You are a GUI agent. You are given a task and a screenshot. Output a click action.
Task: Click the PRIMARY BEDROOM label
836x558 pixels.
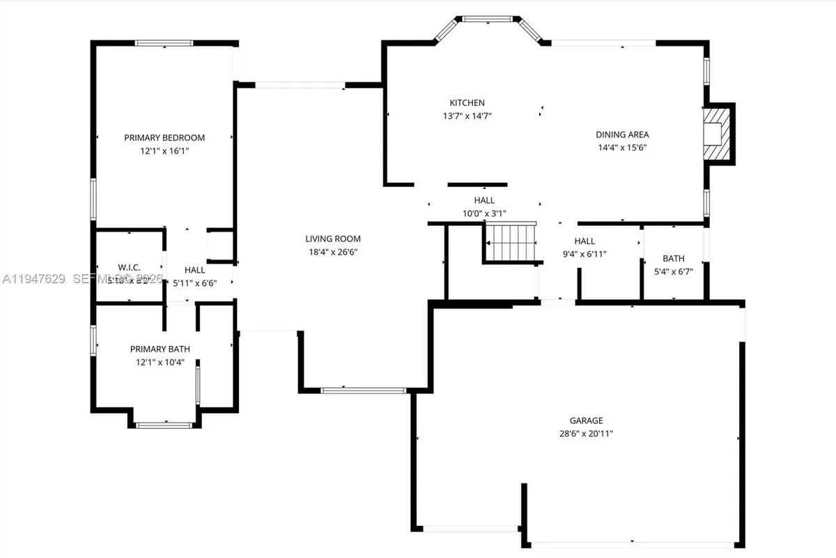[164, 137]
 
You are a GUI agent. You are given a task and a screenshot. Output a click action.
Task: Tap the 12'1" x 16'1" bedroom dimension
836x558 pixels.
[164, 150]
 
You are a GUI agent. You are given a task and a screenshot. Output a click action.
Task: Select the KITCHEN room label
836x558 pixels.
[467, 103]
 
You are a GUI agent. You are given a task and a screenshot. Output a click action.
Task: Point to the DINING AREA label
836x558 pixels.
[622, 135]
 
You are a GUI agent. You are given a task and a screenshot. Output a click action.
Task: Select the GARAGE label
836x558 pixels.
[586, 421]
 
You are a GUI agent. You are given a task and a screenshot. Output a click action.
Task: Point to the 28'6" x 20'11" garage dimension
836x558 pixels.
[586, 433]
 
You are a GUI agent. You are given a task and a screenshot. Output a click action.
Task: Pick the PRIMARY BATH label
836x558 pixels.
[160, 349]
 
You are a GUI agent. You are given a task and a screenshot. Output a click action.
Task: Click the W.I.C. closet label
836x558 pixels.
[130, 267]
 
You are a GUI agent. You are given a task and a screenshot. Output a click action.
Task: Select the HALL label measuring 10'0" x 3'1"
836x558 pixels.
[484, 200]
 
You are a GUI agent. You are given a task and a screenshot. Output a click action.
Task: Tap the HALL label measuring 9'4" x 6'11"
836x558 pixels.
[585, 241]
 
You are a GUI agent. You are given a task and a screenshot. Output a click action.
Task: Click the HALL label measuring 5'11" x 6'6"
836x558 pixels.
[195, 270]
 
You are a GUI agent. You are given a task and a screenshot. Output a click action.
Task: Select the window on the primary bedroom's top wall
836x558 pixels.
[164, 43]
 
